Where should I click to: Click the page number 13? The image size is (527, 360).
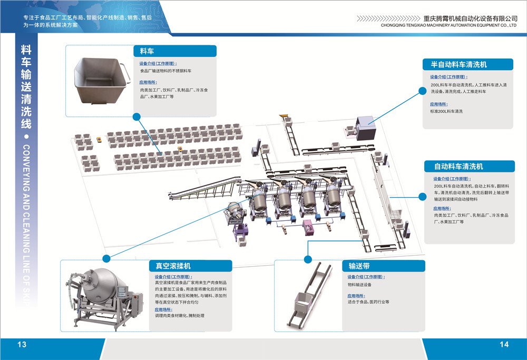(x=22, y=345)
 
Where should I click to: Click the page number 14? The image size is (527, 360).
(x=504, y=345)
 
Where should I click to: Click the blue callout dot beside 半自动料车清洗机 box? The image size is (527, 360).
(x=422, y=91)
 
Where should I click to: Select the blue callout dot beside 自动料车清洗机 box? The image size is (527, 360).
(x=422, y=197)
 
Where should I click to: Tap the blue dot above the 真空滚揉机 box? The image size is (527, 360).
(x=107, y=258)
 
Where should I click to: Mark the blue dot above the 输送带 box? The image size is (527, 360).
(x=308, y=258)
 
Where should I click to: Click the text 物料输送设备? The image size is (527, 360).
(x=363, y=285)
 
